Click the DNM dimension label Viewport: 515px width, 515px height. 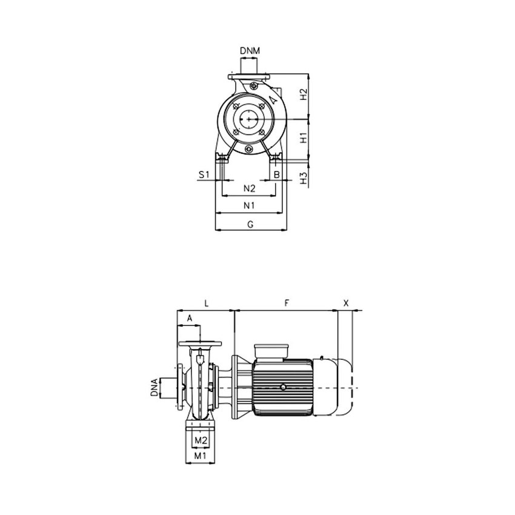point(250,51)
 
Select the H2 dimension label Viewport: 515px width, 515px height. point(305,95)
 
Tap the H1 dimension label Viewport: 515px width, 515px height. point(305,139)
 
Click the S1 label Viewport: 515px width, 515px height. point(204,175)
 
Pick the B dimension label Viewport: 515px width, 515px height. point(277,175)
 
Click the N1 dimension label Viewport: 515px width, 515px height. point(249,206)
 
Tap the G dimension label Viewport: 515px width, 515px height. point(250,224)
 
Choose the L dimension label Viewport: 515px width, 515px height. point(206,302)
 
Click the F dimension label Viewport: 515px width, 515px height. point(285,302)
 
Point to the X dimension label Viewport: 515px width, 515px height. point(346,302)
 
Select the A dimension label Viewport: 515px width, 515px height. point(189,318)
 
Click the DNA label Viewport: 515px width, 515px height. point(156,387)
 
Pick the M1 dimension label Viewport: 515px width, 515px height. point(200,455)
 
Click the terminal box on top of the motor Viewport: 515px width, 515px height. point(273,351)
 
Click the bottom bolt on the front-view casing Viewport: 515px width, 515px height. point(249,150)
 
